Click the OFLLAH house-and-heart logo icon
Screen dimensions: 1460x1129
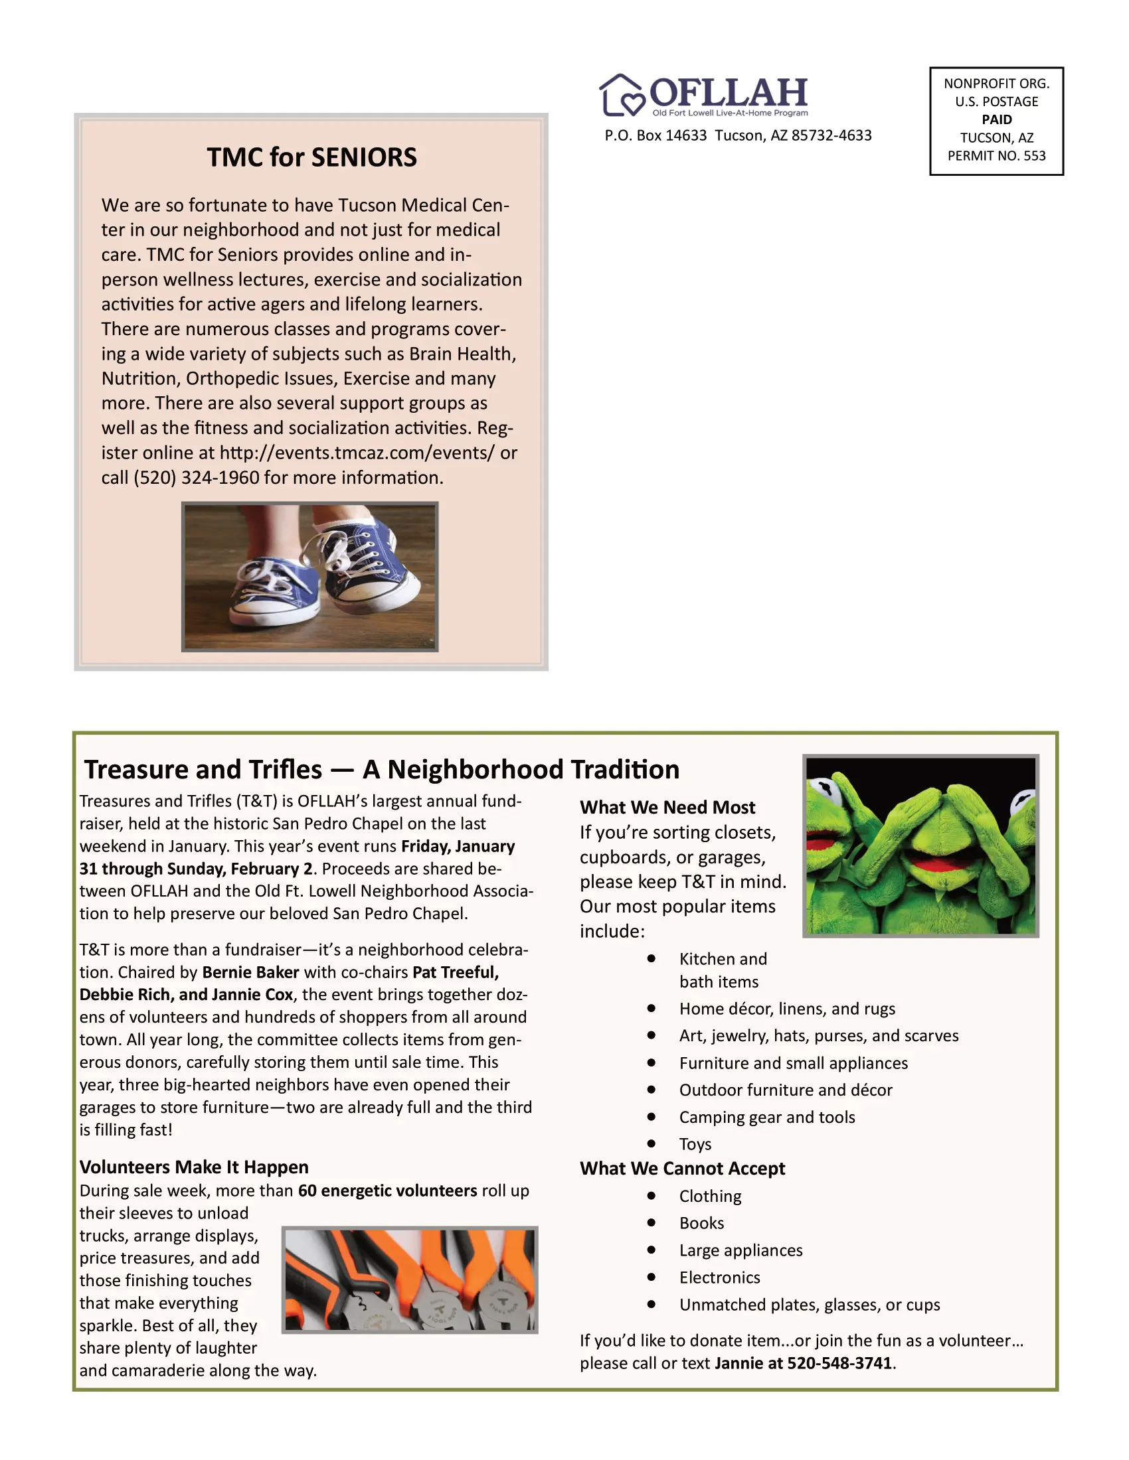click(x=622, y=95)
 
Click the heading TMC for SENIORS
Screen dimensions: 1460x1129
click(x=311, y=158)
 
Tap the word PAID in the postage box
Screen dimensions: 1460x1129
click(x=996, y=119)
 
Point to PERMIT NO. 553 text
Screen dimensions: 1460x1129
click(x=996, y=156)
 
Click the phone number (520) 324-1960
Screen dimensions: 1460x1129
click(x=196, y=478)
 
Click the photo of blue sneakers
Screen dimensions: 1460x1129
click(x=309, y=577)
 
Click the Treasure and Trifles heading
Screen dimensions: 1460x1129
click(x=381, y=770)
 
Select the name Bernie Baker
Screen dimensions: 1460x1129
click(x=250, y=973)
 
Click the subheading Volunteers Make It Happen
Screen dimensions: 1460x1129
click(x=194, y=1167)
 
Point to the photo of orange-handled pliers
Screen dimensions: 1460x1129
click(x=409, y=1279)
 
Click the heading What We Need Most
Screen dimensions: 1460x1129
click(x=667, y=808)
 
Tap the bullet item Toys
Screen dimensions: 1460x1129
click(x=695, y=1145)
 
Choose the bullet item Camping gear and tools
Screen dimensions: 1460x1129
click(x=766, y=1117)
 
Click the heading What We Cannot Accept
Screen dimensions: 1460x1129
click(x=682, y=1169)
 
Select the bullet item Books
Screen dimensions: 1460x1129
click(x=701, y=1223)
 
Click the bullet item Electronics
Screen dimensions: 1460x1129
click(x=719, y=1277)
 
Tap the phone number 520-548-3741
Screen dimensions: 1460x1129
click(x=839, y=1363)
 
